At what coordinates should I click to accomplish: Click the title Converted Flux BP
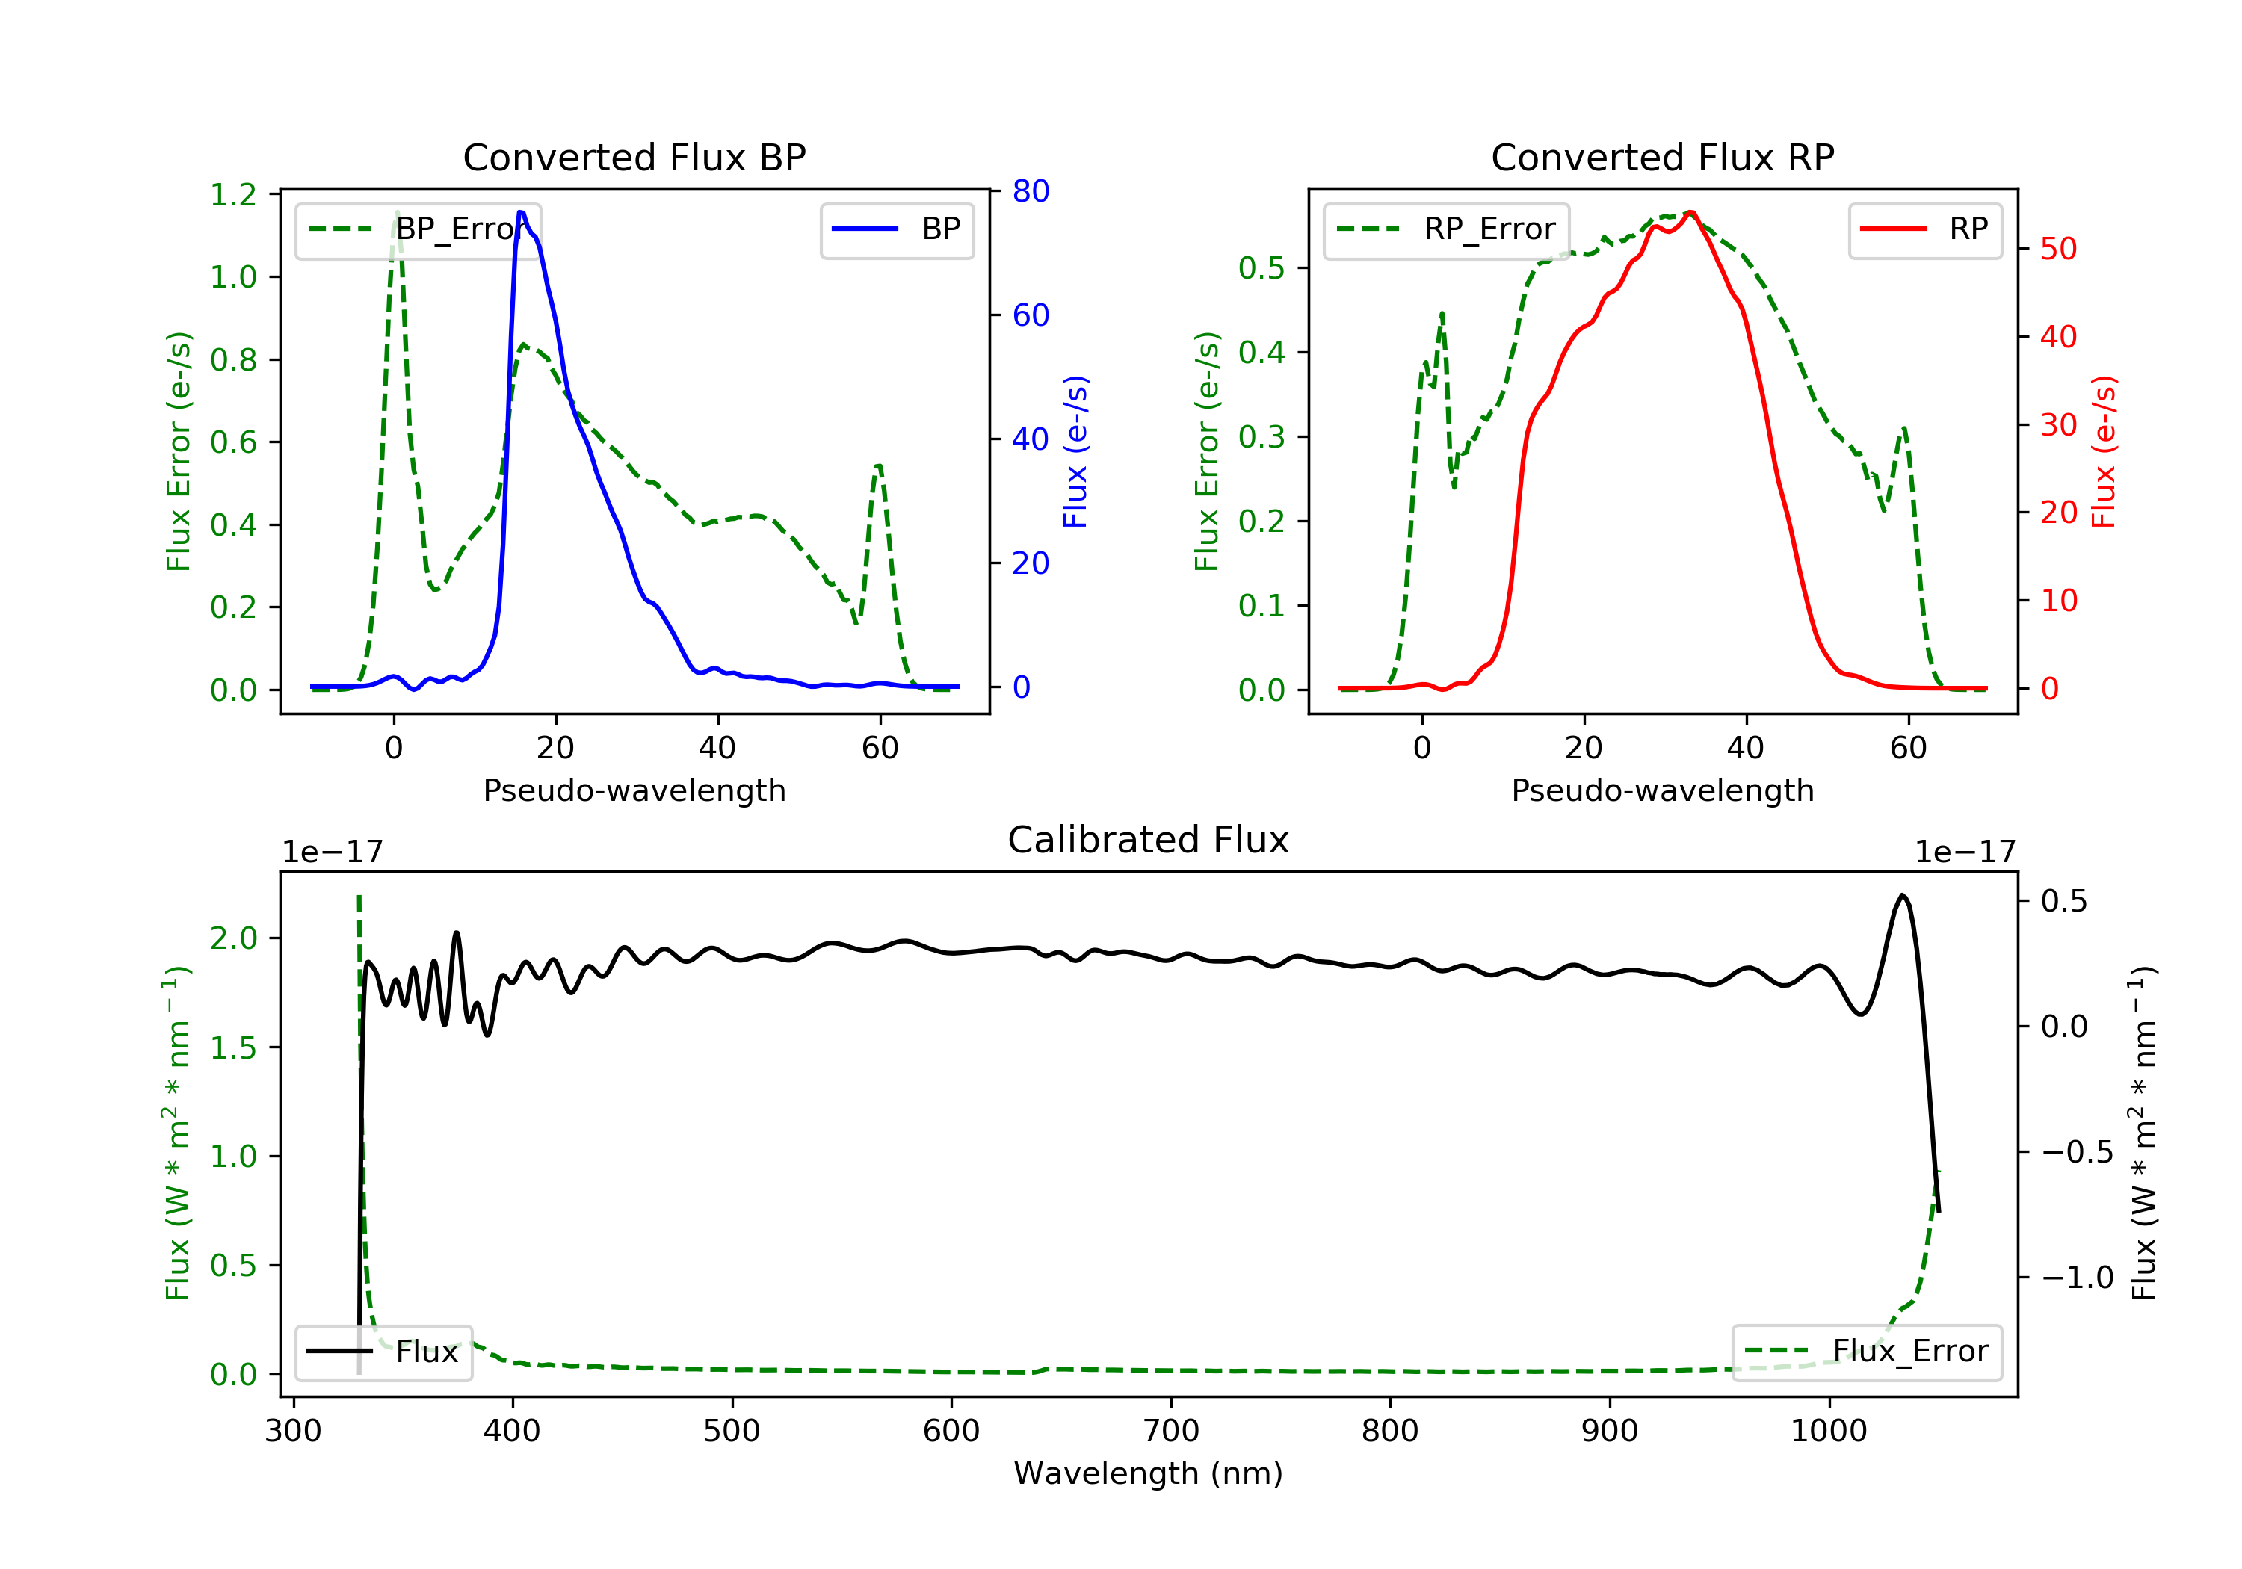tap(634, 157)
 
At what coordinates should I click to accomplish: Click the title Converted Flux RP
tap(1662, 157)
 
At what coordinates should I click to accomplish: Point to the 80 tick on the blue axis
tap(1030, 191)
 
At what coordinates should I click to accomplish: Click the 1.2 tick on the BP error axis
tap(233, 195)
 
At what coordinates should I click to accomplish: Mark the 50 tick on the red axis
tap(2058, 249)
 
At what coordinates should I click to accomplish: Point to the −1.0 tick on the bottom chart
tap(2076, 1278)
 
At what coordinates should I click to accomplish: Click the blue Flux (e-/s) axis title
tap(1075, 451)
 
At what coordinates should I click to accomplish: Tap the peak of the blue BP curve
tap(522, 212)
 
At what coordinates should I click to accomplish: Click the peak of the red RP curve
tap(1690, 212)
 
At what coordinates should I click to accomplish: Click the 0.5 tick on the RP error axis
tap(1261, 268)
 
